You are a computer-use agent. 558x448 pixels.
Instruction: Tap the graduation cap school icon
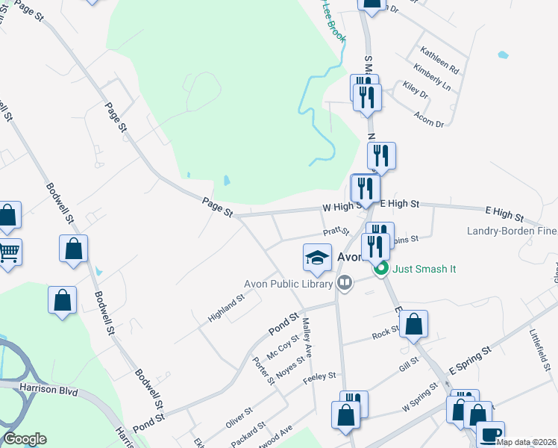(x=317, y=258)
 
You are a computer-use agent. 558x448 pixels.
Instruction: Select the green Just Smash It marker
(x=382, y=269)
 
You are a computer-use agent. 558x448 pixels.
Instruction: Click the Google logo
(x=25, y=439)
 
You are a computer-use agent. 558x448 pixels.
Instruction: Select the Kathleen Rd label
(x=439, y=59)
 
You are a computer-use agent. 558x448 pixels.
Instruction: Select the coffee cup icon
(x=489, y=434)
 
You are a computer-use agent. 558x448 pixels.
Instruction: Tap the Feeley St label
(x=320, y=378)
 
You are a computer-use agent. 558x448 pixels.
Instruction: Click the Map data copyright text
(x=527, y=443)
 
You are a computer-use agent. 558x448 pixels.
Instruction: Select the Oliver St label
(x=239, y=417)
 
